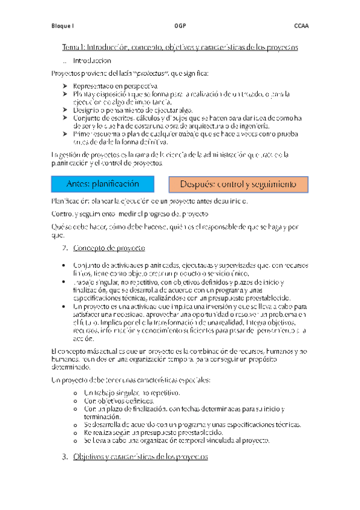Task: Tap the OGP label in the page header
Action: (180, 26)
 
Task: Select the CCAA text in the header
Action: (301, 26)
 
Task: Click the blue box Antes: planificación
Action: (103, 183)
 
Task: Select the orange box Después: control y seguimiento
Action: (238, 183)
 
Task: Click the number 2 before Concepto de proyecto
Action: (65, 248)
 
